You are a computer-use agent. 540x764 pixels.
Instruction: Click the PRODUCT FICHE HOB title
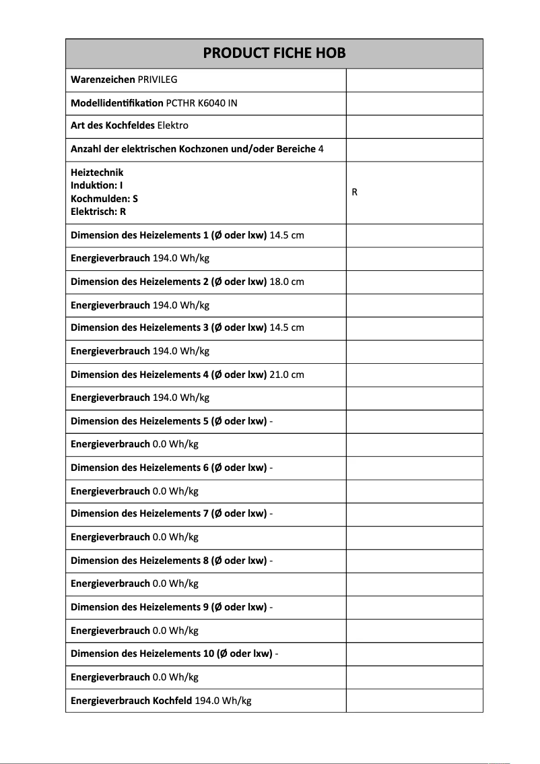[x=274, y=53]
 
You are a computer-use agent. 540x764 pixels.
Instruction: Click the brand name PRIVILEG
[x=158, y=80]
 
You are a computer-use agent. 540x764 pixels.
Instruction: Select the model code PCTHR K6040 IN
[x=201, y=103]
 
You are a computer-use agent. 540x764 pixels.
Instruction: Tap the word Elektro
[x=172, y=126]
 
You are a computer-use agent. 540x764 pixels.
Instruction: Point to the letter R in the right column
[x=355, y=193]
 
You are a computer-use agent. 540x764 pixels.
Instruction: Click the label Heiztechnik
[x=97, y=173]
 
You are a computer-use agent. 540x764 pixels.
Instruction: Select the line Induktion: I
[x=96, y=186]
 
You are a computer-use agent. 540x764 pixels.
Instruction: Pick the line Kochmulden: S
[x=104, y=199]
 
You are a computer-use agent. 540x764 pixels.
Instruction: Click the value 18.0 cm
[x=287, y=282]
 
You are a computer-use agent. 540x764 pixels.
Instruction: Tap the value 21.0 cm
[x=287, y=375]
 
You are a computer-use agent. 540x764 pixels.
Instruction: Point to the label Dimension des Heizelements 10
[x=171, y=654]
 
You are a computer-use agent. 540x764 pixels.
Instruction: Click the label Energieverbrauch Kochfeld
[x=131, y=701]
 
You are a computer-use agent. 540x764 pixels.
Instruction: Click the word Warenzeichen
[x=102, y=80]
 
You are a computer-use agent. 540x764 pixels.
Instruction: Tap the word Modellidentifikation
[x=116, y=103]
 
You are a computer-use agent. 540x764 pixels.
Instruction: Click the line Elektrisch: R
[x=98, y=212]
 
